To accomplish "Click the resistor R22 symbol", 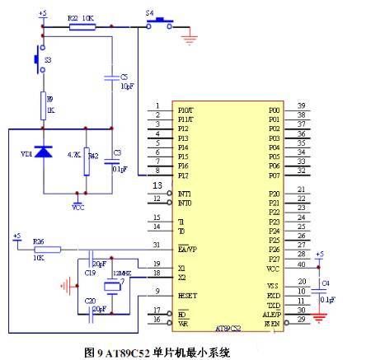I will (x=81, y=26).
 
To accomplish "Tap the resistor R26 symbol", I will (x=40, y=246).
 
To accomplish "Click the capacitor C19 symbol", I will (x=93, y=263).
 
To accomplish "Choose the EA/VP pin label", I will (x=187, y=248).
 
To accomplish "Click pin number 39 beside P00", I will (x=303, y=105).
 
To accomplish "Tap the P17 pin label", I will (x=183, y=175).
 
